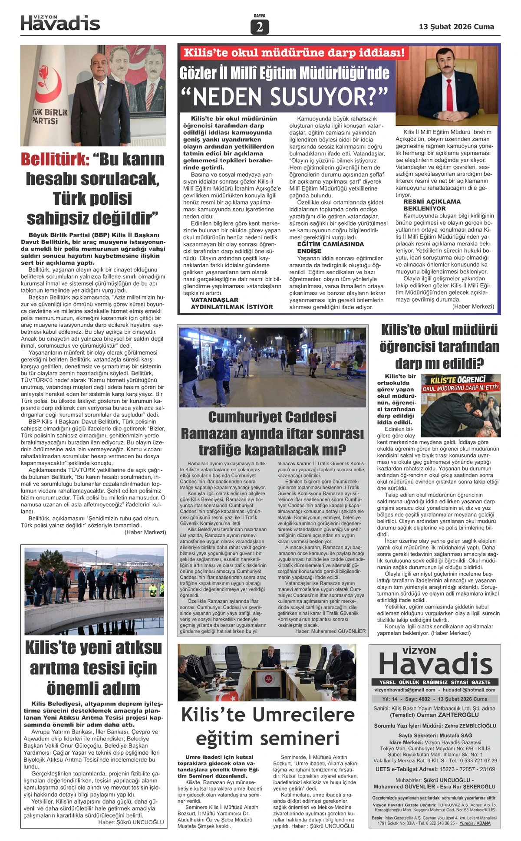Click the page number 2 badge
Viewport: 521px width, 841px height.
260,27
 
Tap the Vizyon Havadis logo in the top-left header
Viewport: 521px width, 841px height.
60,23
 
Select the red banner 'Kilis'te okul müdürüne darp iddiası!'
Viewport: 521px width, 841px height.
294,53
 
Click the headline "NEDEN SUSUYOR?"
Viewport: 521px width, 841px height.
290,96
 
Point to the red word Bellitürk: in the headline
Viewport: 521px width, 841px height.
56,159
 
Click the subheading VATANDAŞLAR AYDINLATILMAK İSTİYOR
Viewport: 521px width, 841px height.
232,303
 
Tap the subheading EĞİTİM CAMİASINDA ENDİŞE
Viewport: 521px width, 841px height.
330,247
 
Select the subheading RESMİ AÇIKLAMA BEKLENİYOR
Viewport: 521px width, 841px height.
432,205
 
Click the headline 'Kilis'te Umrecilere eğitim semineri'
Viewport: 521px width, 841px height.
267,726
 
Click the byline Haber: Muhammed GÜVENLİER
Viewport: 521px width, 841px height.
330,631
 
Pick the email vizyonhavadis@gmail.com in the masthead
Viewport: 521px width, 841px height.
405,690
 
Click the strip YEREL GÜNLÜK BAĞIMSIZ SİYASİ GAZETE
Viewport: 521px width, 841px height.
435,682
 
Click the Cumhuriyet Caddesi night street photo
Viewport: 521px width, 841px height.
273,367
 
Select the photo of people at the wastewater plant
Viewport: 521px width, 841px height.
94,591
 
